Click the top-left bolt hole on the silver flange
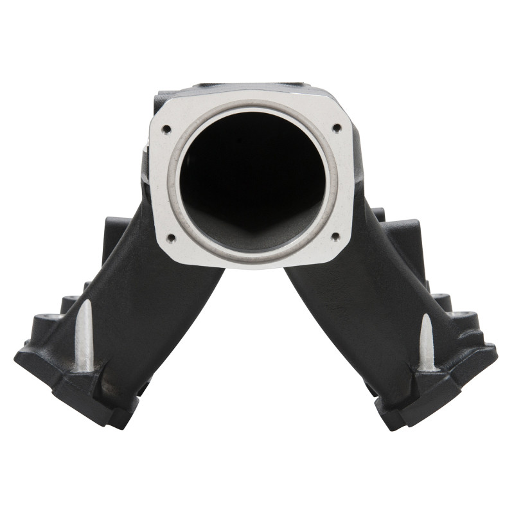click(166, 128)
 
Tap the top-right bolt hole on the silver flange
click(335, 128)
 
